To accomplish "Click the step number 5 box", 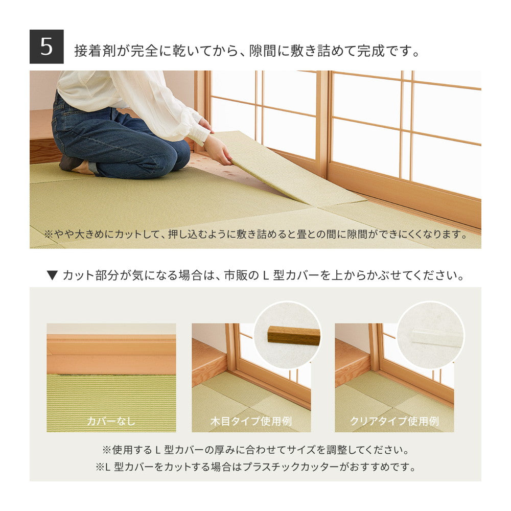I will [x=47, y=47].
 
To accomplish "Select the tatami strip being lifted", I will [x=286, y=169].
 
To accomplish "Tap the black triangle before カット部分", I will [x=52, y=276].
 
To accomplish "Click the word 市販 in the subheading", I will [x=240, y=276].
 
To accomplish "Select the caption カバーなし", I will [x=111, y=422].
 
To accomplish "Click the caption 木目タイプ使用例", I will [x=251, y=422].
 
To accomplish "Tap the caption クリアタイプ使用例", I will [x=394, y=422].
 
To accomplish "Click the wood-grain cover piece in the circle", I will [x=293, y=335].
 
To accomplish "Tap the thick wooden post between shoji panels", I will [x=322, y=123].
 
